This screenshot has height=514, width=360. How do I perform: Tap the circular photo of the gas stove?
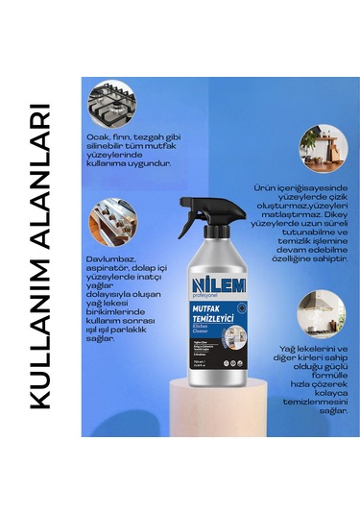[x=106, y=103]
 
